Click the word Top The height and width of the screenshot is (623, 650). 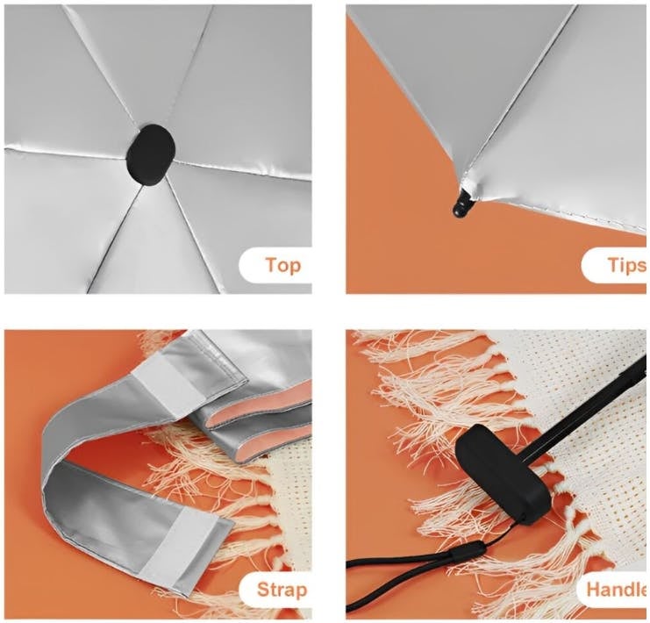pyautogui.click(x=283, y=265)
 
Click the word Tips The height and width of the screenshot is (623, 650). pyautogui.click(x=627, y=265)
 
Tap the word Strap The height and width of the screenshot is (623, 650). pyautogui.click(x=282, y=590)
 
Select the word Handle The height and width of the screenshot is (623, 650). pyautogui.click(x=617, y=590)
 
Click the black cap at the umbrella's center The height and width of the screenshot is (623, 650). pyautogui.click(x=151, y=154)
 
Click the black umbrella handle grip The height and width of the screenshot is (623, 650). pyautogui.click(x=503, y=474)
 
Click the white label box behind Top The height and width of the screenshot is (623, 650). pyautogui.click(x=275, y=266)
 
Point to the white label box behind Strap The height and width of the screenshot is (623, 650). pyautogui.click(x=275, y=590)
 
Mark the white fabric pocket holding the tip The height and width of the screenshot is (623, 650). pyautogui.click(x=468, y=185)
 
